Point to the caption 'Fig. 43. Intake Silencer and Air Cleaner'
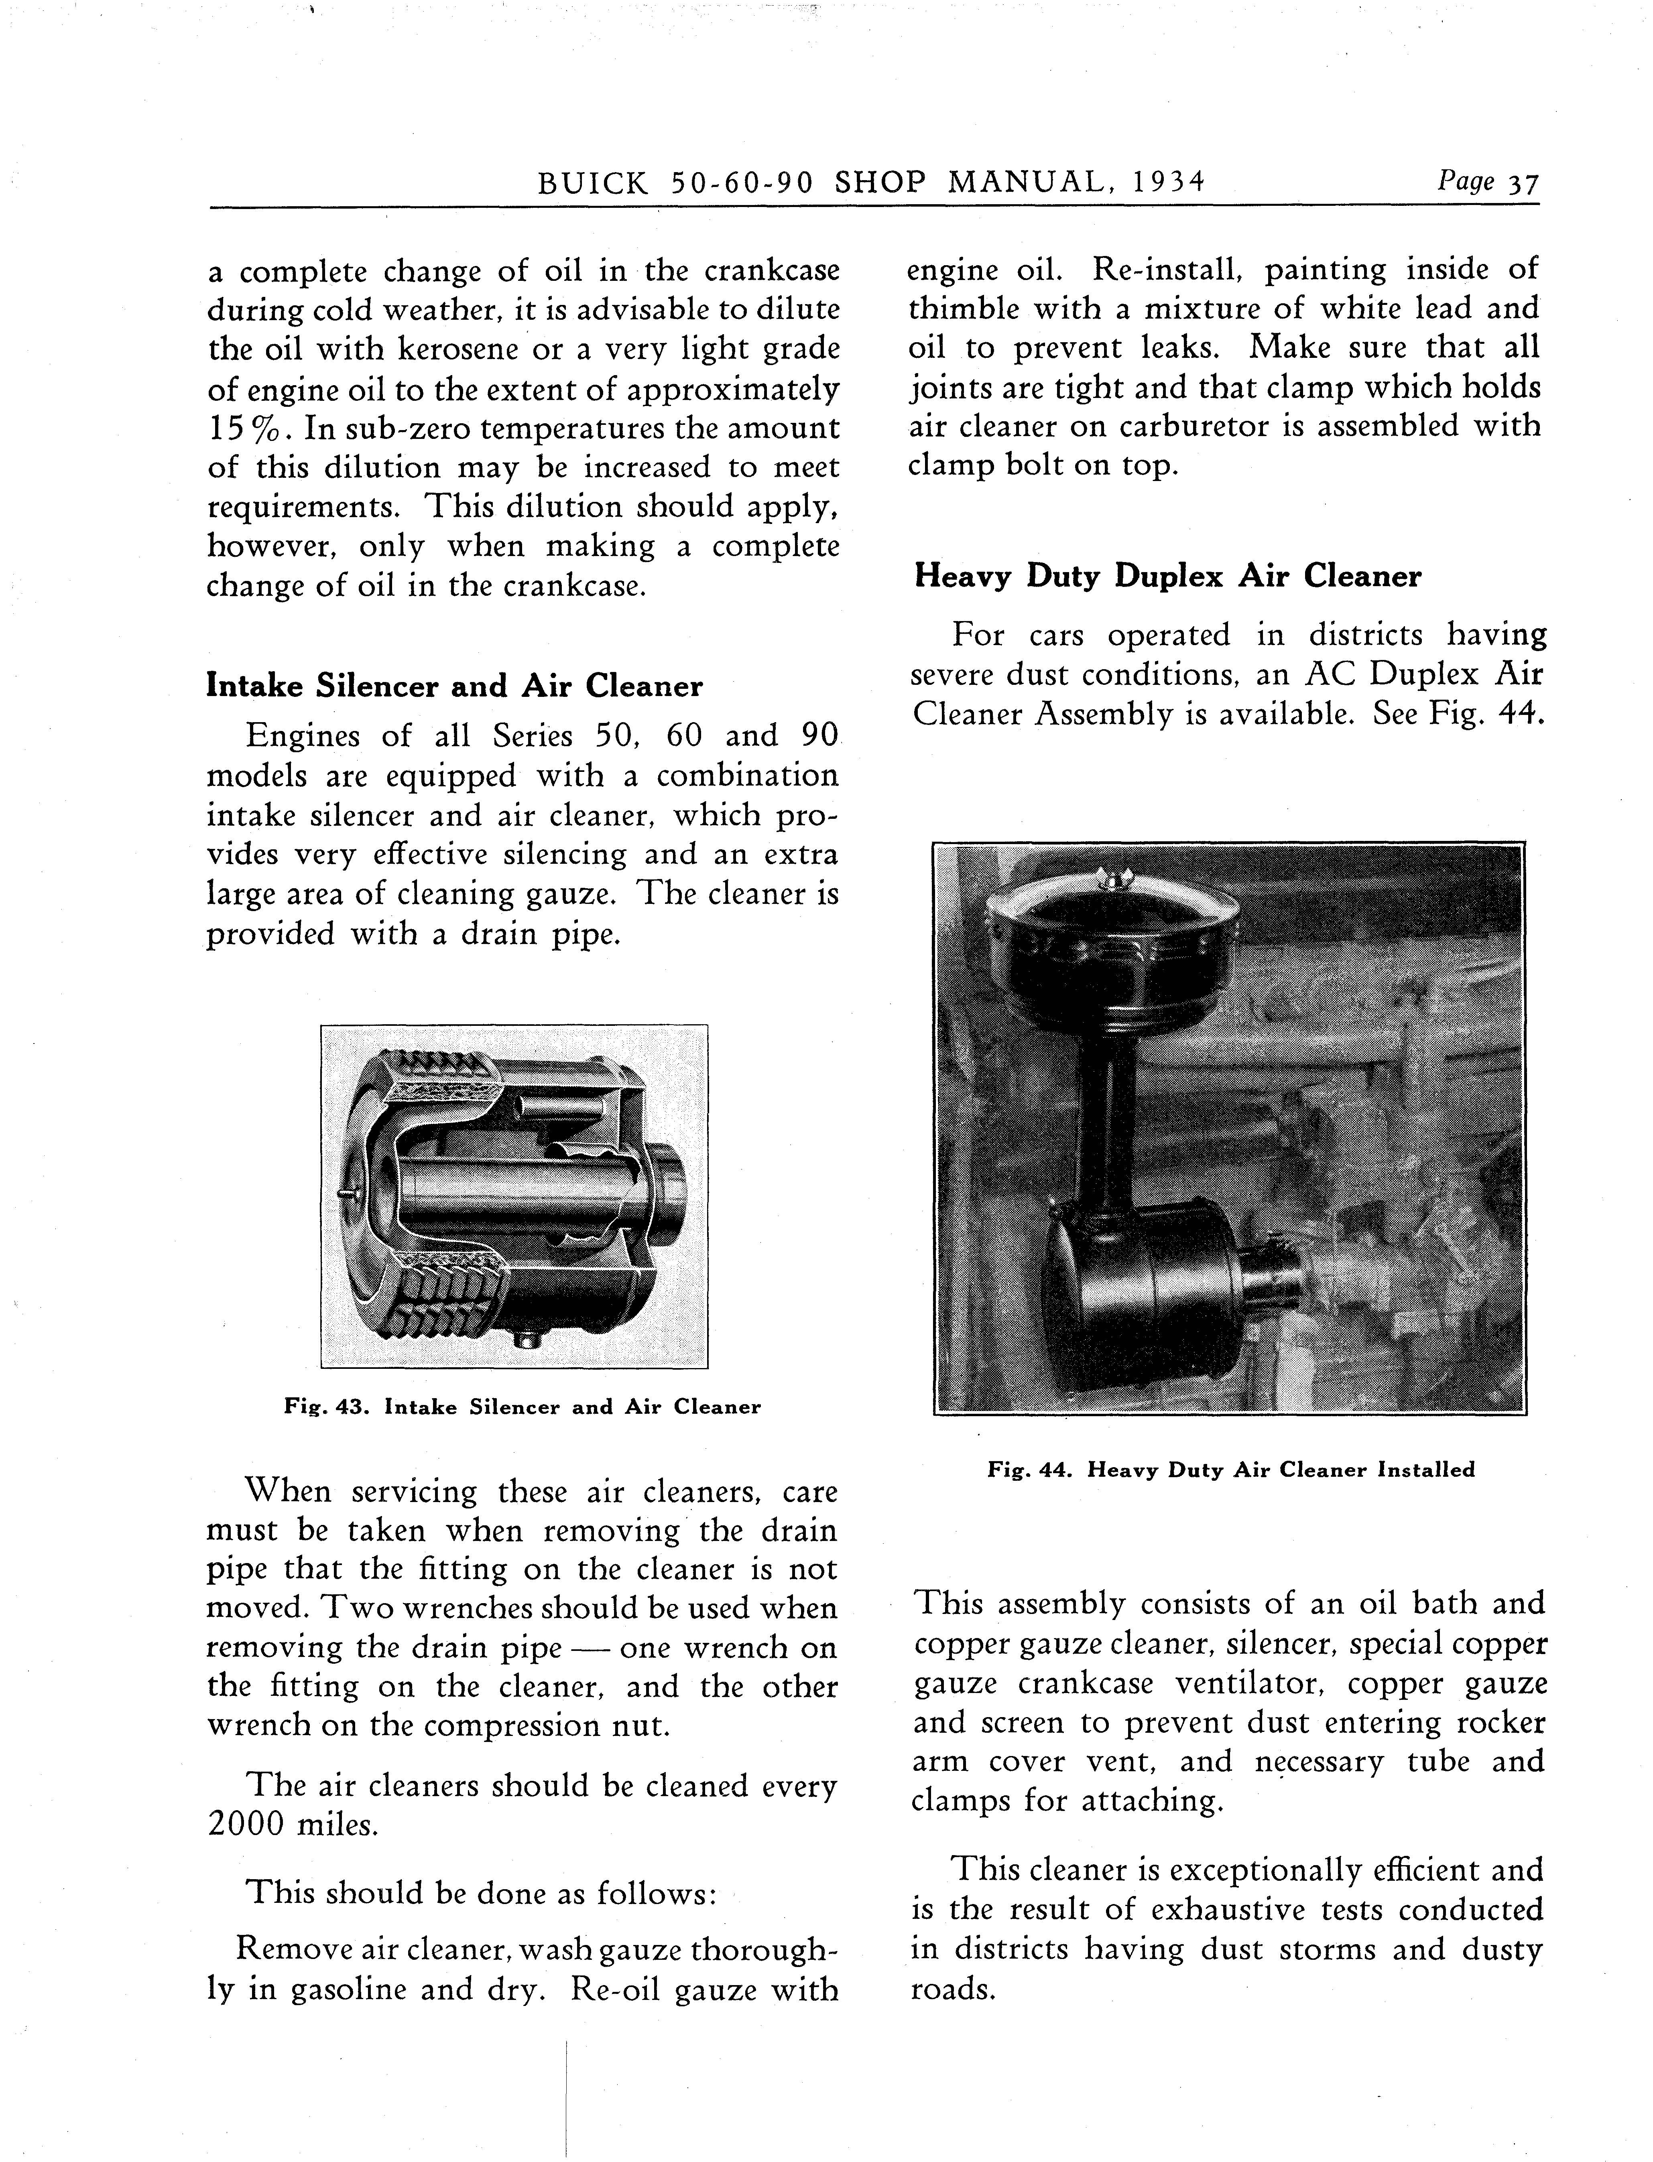click(x=521, y=1407)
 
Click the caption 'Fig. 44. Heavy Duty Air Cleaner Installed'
click(x=1231, y=1470)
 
